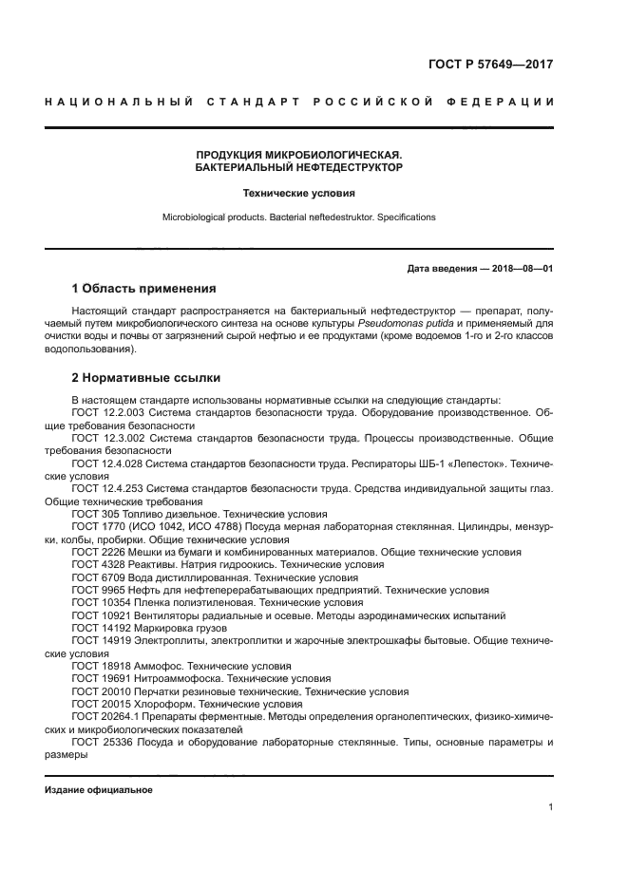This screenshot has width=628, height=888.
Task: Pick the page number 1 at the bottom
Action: tap(550, 807)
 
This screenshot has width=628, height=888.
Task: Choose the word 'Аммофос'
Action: tap(161, 667)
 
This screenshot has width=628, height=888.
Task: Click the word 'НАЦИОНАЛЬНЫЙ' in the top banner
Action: tap(115, 102)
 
